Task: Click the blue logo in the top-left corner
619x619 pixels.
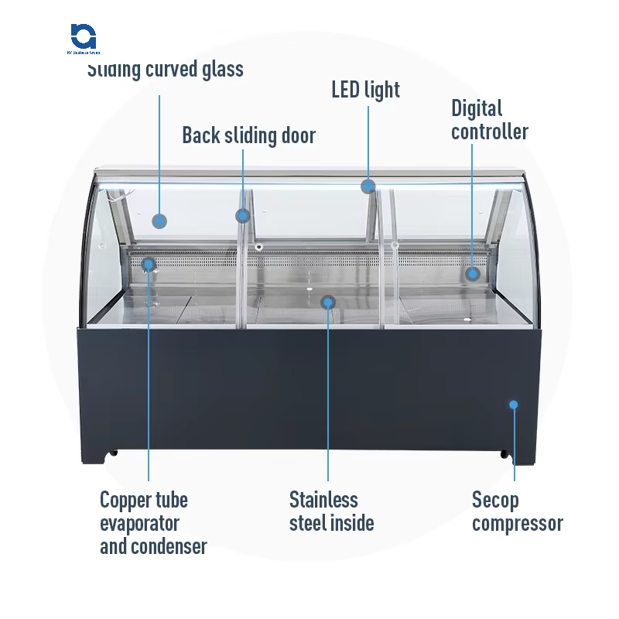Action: pos(83,36)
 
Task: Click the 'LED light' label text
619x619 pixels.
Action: pos(365,90)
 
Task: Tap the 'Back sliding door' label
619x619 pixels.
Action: pos(248,136)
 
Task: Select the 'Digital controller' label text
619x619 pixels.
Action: pos(489,120)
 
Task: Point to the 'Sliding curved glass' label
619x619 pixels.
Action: pos(166,70)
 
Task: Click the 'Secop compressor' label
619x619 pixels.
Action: pos(517,511)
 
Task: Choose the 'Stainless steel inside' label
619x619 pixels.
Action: pos(331,511)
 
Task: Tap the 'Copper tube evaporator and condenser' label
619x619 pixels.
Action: pos(152,523)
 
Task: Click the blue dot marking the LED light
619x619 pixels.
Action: pos(368,186)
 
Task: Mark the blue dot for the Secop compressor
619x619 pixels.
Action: pos(512,404)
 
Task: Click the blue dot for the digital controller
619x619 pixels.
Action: pos(473,273)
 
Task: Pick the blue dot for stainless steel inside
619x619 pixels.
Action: pos(328,302)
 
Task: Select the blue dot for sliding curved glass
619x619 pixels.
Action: pos(159,221)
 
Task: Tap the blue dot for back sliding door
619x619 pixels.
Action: pos(243,216)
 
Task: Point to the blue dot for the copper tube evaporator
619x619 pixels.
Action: pos(149,265)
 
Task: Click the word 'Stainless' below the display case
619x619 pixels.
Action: pos(323,499)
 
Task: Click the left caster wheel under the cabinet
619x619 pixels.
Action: pos(113,452)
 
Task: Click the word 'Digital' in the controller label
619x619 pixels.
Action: pos(477,108)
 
